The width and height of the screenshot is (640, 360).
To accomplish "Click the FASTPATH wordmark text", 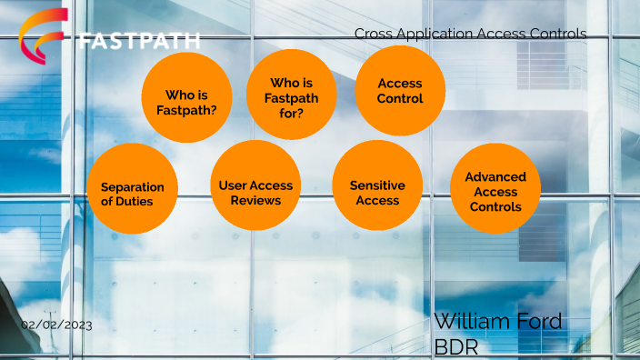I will (139, 42).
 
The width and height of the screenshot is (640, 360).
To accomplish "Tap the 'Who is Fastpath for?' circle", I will (292, 95).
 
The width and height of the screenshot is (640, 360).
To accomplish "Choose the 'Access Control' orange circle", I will (399, 91).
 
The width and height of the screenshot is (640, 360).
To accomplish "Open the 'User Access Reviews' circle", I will (255, 185).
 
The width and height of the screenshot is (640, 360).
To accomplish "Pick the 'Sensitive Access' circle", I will (377, 185).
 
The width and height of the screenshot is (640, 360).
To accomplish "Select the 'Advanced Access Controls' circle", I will (495, 189).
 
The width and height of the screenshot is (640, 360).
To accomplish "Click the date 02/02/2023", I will (56, 325).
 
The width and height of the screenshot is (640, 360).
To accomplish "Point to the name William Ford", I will (497, 321).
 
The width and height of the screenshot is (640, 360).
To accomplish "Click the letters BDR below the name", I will (455, 347).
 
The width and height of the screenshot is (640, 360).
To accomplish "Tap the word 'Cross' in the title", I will (373, 34).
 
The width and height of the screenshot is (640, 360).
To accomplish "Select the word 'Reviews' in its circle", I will (255, 199).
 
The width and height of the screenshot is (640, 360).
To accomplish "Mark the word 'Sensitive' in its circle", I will (377, 185).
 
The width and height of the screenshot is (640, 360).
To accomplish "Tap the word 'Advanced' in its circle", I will (495, 176).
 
